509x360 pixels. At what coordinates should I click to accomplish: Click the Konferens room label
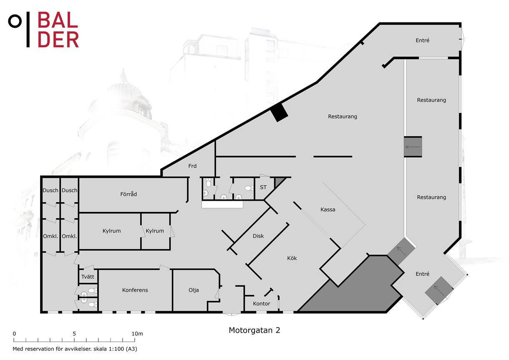coord(135,290)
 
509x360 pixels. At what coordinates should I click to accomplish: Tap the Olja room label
coord(194,290)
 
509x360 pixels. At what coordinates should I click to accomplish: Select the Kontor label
coord(261,303)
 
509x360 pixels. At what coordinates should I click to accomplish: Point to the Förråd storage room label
coord(129,194)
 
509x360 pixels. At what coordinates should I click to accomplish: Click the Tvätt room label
coord(88,277)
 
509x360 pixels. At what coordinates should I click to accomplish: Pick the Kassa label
coord(328,209)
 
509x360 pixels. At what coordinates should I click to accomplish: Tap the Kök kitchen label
coord(292,258)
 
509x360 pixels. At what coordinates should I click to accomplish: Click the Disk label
coord(258,236)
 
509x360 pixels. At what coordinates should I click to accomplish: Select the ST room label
coord(263,187)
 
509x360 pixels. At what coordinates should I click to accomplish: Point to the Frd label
coord(192,166)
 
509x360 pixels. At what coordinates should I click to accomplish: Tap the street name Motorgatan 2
coord(254,330)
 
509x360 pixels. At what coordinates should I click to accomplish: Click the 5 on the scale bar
coord(74,334)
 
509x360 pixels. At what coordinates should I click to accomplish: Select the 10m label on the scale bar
coord(137,334)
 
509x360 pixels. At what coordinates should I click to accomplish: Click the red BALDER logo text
coord(58,30)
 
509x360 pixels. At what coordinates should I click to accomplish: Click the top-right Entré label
coord(422,40)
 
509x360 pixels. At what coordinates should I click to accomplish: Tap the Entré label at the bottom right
coord(422,274)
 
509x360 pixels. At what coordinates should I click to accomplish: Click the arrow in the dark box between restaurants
coord(413,147)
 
